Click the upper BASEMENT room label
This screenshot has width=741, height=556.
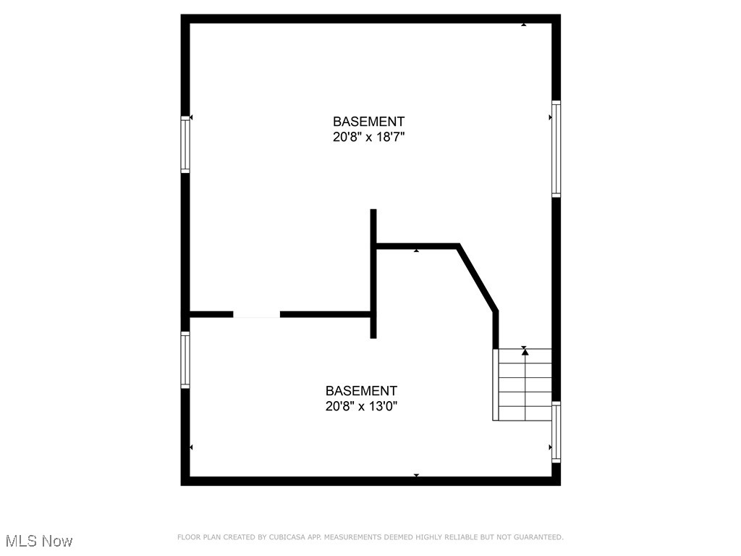tap(368, 122)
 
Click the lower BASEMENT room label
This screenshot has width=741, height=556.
tap(361, 391)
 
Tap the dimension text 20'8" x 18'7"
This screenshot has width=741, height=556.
tap(368, 138)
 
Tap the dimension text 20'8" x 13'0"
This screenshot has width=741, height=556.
tap(361, 407)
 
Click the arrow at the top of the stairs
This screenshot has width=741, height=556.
tap(525, 351)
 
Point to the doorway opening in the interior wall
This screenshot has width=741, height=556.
tap(256, 314)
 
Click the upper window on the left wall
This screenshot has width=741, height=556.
tap(185, 145)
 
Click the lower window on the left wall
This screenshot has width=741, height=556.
tap(185, 360)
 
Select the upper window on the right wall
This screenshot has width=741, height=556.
tap(556, 148)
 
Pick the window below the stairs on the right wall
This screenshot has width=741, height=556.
tap(556, 432)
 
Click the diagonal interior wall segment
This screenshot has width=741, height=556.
tap(478, 279)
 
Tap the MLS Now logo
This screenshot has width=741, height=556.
tap(39, 541)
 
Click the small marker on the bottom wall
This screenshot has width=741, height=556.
tap(416, 476)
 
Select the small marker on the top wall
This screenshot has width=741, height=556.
tap(524, 25)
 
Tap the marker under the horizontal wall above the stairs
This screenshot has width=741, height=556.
tap(416, 251)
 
